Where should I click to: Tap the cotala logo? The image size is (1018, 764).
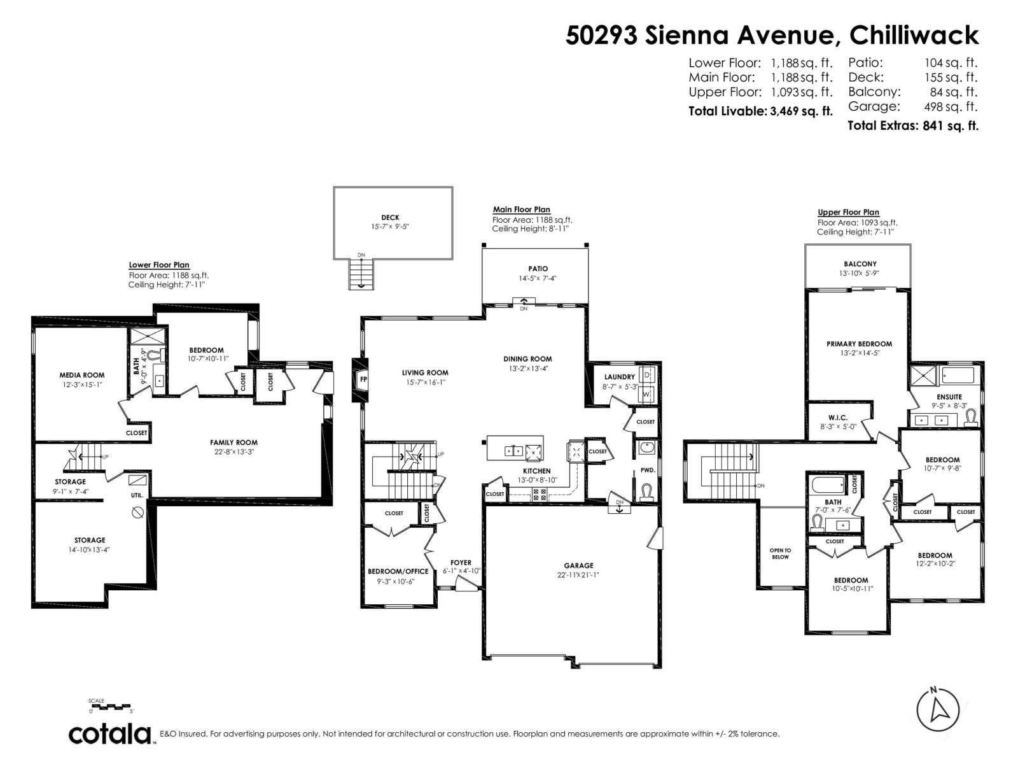pos(110,734)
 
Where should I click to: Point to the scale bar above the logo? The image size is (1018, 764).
pos(111,706)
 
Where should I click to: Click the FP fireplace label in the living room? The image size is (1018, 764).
pos(363,379)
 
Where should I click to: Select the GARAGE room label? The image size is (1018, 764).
pos(578,565)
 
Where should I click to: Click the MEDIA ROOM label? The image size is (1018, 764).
pos(82,375)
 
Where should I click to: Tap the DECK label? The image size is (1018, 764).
pos(390,218)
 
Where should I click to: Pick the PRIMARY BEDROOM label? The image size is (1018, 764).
pos(859,344)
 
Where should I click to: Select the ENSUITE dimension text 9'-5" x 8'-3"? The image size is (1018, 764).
pos(949,406)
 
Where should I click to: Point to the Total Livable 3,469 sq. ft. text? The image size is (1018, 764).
pos(760,111)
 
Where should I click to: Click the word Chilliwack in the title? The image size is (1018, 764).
pos(914,36)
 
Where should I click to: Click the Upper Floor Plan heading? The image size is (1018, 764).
pos(848,213)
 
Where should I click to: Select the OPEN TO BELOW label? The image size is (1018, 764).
pos(780,553)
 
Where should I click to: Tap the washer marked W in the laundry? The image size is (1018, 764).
pos(647,394)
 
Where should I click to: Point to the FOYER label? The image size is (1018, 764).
pos(461,563)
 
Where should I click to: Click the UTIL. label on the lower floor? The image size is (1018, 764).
pos(137,495)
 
